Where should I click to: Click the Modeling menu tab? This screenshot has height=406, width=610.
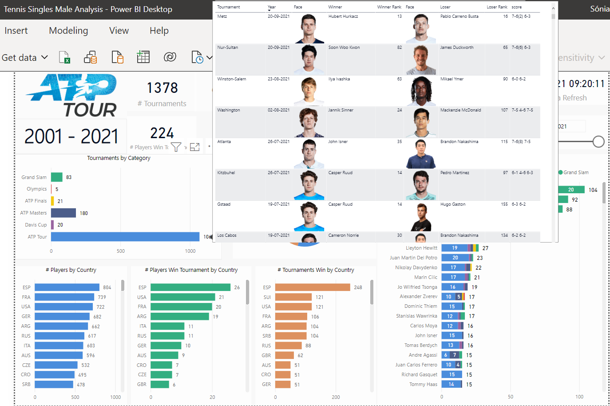[68, 31]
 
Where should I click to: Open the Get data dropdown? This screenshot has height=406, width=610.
[25, 58]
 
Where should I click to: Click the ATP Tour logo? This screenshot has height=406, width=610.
[72, 95]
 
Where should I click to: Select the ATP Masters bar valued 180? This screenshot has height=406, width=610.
[63, 213]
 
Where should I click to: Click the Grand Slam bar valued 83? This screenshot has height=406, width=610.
[57, 177]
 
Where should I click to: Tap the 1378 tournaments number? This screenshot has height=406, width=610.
[162, 88]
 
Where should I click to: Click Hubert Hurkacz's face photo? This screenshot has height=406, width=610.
[309, 29]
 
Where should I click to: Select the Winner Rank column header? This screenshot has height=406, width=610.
[389, 7]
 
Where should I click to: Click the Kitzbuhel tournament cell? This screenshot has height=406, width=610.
[226, 173]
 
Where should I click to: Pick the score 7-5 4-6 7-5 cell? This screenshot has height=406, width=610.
[523, 110]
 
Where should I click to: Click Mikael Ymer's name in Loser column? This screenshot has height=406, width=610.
[452, 79]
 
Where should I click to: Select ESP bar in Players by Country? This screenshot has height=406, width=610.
[67, 287]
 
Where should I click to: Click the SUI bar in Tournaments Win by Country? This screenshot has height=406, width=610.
[293, 297]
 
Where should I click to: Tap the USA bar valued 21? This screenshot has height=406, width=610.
[182, 297]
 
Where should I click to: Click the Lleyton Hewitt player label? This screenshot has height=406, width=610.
[421, 248]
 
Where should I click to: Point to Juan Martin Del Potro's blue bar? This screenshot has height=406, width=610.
[455, 258]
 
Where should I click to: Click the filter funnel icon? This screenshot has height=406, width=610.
[176, 147]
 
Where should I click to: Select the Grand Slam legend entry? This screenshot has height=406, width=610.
[575, 172]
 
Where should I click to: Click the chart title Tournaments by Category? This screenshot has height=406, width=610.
[119, 158]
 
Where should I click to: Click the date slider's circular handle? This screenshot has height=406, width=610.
[598, 142]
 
